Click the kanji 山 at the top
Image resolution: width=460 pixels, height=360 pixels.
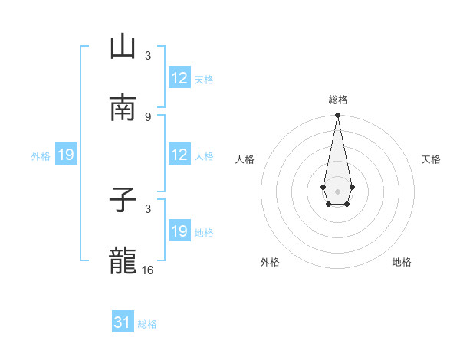123,47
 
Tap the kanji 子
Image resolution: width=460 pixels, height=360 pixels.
123,201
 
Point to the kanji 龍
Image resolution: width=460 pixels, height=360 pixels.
123,261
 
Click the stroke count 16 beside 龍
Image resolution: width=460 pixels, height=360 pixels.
148,270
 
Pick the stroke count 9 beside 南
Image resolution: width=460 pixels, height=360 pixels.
148,116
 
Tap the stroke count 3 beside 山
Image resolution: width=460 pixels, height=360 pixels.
148,56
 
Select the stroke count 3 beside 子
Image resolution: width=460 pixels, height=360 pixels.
148,208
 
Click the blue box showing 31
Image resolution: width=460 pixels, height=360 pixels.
123,322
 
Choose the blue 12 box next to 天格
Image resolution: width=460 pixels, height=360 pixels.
179,78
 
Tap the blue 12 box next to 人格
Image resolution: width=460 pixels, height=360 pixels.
179,155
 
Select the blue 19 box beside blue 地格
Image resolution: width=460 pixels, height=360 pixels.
179,231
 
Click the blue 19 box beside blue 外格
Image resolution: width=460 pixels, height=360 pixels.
66,155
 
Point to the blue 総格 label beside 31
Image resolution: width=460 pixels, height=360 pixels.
147,324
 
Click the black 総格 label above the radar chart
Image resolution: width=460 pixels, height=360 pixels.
338,100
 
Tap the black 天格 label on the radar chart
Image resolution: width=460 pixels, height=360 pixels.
432,159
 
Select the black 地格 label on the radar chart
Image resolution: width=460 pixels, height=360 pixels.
402,262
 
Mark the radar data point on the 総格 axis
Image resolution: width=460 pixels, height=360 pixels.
337,116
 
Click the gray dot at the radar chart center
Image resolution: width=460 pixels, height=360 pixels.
337,190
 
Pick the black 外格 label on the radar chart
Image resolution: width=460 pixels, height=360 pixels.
270,262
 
